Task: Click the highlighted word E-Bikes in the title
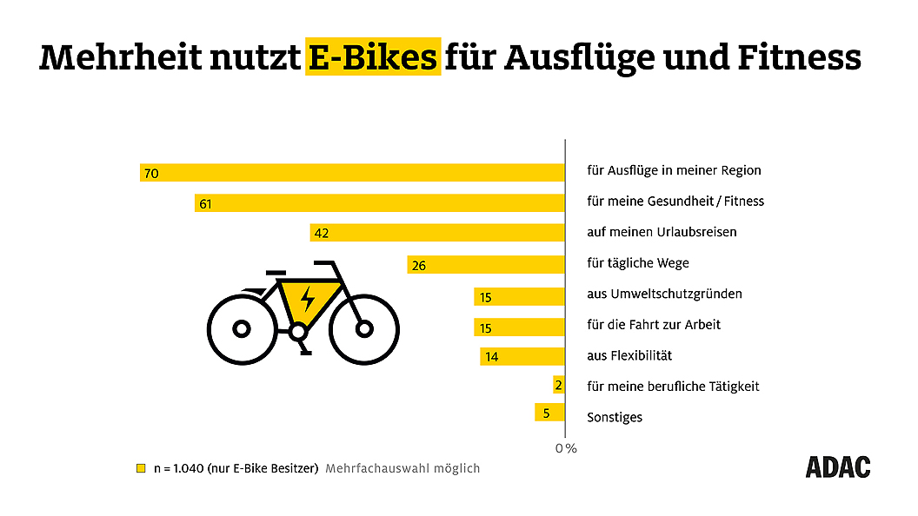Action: pos(373,56)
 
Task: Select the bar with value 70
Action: pos(352,172)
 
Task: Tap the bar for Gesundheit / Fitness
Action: pos(379,203)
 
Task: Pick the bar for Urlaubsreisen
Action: pos(437,233)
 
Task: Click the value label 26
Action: pos(418,265)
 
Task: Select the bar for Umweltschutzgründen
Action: pos(519,297)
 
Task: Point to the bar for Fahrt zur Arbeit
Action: pos(519,327)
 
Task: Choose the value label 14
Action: pos(491,356)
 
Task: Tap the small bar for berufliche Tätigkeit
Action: pos(558,385)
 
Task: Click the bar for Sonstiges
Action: pos(549,413)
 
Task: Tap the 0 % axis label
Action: pos(566,448)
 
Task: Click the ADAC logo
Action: pos(837,466)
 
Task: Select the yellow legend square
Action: pos(141,468)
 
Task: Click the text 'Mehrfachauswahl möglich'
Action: pos(402,468)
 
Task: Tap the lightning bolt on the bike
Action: pos(307,299)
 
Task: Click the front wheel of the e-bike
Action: pos(364,329)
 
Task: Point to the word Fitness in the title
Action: pos(799,56)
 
